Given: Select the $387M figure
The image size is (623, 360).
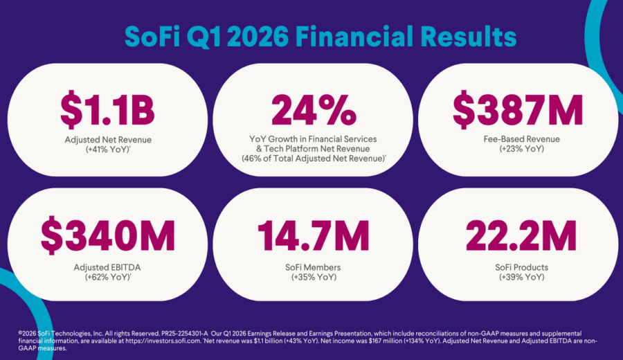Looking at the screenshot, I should [518, 111].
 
